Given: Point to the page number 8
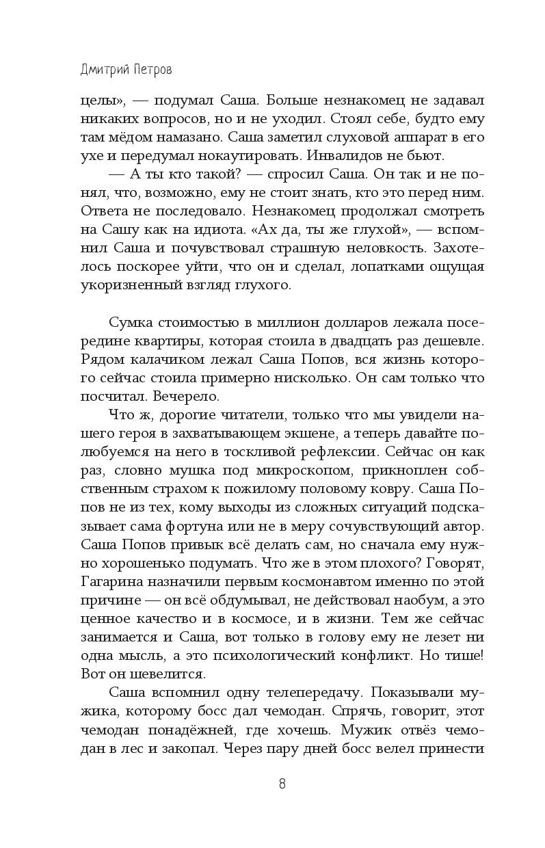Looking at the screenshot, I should pos(282,784).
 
